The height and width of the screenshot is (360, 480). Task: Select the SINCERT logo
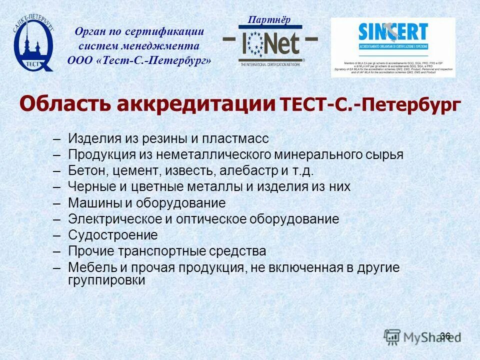pyautogui.click(x=393, y=47)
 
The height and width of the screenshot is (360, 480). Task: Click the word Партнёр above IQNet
pyautogui.click(x=269, y=20)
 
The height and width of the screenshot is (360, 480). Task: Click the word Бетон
pyautogui.click(x=87, y=171)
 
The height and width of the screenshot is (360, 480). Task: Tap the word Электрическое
pyautogui.click(x=112, y=219)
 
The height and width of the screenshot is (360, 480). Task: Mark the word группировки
pyautogui.click(x=106, y=280)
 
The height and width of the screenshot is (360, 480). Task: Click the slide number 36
pyautogui.click(x=445, y=336)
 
